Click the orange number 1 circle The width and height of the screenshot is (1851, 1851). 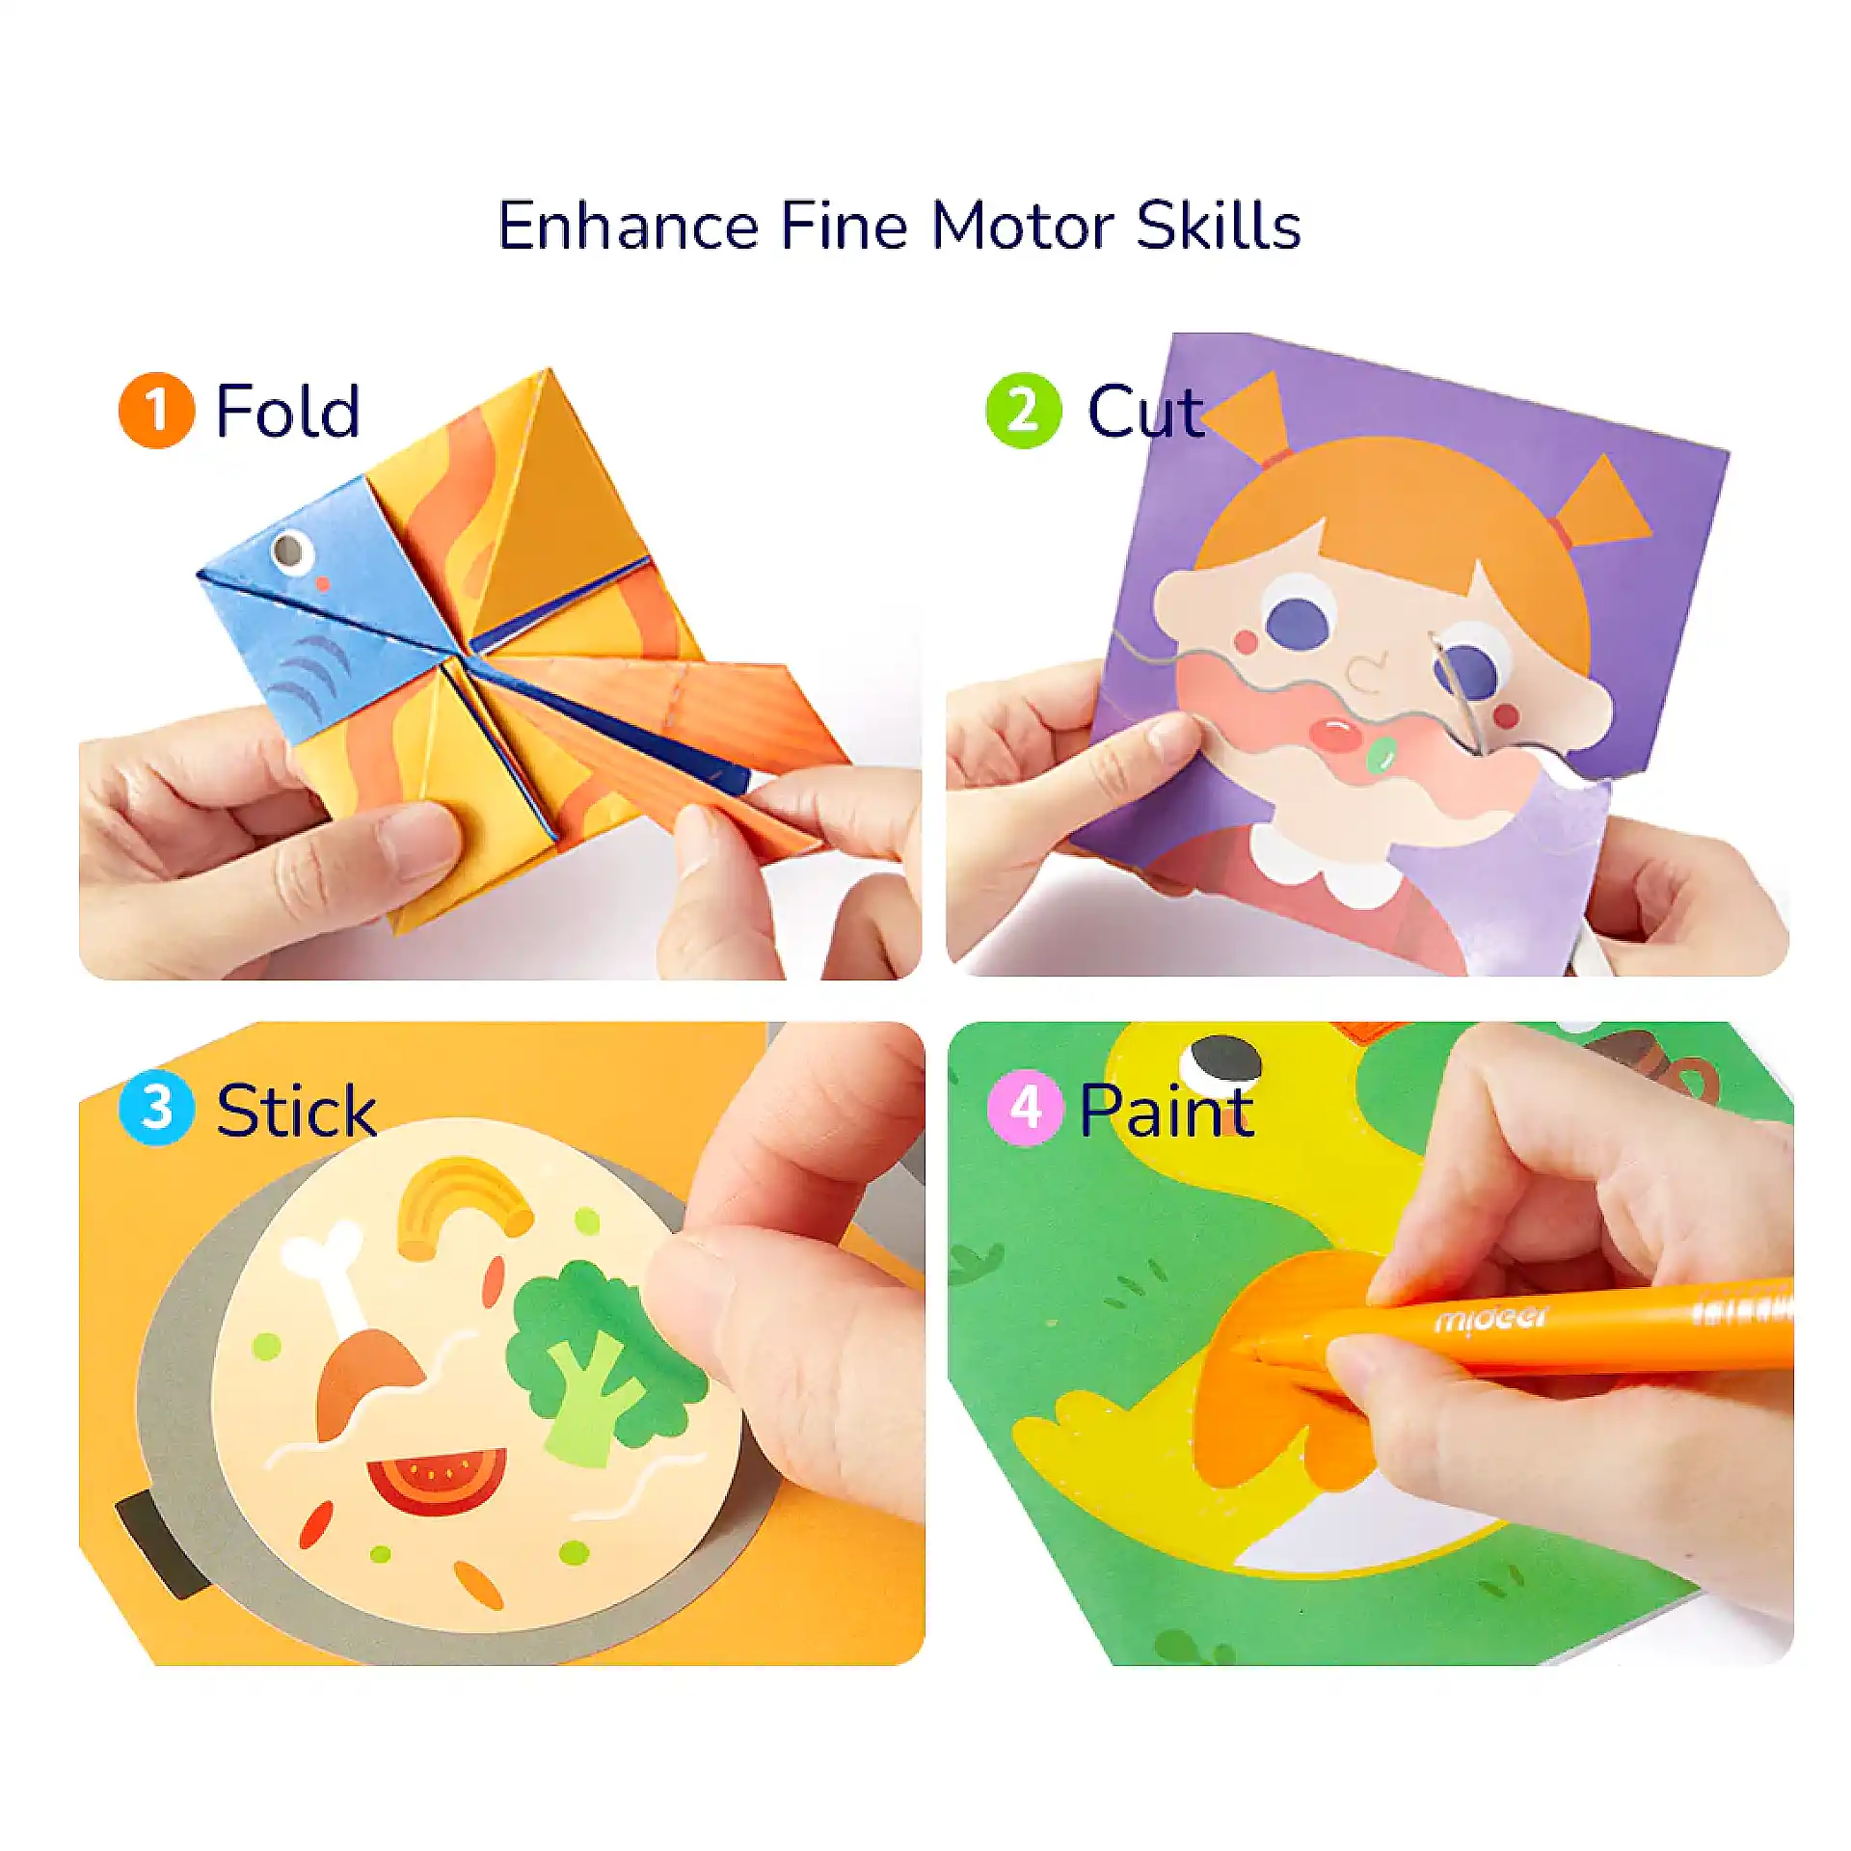tap(156, 411)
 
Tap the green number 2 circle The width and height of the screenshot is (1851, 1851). tap(1024, 411)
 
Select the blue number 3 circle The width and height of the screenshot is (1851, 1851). tap(156, 1108)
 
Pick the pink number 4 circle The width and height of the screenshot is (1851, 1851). tap(1025, 1108)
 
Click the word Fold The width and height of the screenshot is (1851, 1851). tap(287, 411)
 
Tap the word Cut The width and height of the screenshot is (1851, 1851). tap(1145, 412)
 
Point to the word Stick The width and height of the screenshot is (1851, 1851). tap(295, 1111)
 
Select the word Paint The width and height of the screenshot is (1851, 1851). tap(1167, 1110)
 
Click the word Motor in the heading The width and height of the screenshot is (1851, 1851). tap(1022, 227)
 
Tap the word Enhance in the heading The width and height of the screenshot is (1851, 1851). tap(628, 227)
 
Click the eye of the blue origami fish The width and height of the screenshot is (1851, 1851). tap(290, 550)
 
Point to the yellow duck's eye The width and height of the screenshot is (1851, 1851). tap(1221, 1065)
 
